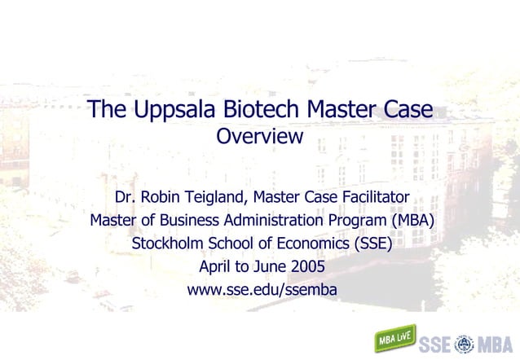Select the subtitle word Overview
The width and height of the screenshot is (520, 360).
(259, 137)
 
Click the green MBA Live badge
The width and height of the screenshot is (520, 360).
(395, 336)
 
